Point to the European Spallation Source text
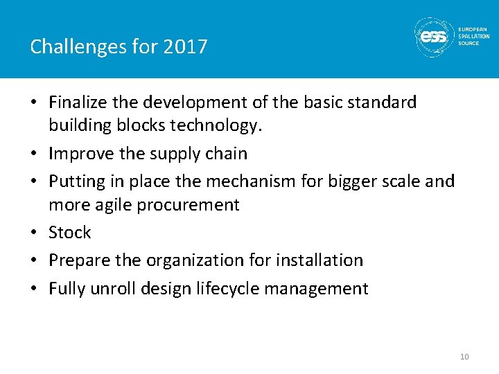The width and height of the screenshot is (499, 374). coord(473,36)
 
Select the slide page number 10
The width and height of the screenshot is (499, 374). coord(464,357)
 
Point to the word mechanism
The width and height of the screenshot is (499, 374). coord(257,181)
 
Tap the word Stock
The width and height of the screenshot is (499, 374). coord(70,233)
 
